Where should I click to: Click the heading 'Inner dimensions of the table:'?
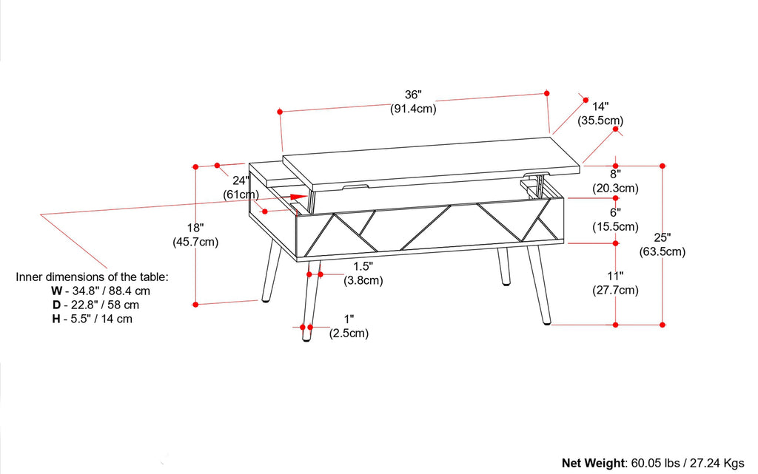pos(93,277)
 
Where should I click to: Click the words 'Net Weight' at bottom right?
pos(593,463)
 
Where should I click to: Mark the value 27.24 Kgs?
pos(716,463)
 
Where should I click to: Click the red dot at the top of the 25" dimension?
pos(663,166)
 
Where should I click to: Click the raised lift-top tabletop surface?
pos(429,159)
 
